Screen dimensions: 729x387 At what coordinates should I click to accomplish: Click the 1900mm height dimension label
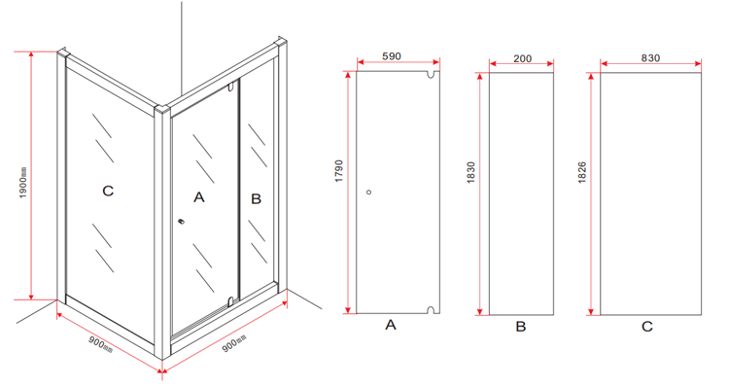(23, 183)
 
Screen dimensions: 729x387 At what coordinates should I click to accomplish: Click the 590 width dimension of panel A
(392, 56)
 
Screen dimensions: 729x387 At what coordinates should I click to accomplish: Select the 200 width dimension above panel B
(523, 58)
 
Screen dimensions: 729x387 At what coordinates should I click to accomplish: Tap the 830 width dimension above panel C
(650, 58)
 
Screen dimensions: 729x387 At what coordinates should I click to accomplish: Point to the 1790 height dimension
(339, 171)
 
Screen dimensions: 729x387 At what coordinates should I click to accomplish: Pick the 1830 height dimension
(471, 172)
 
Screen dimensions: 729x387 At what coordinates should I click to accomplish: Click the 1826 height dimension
(582, 172)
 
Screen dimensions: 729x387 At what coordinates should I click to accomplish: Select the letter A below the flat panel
(391, 325)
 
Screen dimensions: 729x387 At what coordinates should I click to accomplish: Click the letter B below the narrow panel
(521, 327)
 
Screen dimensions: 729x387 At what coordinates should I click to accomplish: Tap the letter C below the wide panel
(647, 327)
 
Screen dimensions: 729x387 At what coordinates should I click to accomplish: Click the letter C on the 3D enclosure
(108, 191)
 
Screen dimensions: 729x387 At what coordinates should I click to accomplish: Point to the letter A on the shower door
(199, 197)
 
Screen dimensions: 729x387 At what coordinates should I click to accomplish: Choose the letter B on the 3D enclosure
(257, 198)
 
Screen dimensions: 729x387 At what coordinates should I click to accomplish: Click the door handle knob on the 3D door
(182, 222)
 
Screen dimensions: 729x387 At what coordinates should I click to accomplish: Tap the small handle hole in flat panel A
(369, 192)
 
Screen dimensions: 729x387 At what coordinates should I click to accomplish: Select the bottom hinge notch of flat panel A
(433, 310)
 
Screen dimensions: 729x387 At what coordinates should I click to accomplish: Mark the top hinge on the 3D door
(230, 87)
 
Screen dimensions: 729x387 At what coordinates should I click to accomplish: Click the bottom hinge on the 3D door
(229, 301)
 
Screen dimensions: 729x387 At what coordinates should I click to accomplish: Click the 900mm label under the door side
(234, 343)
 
